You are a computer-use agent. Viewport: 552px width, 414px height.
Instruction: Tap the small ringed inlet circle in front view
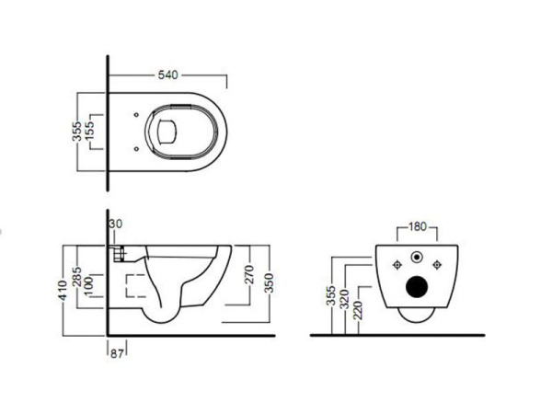(418, 258)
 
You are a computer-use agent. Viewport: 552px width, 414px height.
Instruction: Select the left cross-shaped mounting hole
(397, 265)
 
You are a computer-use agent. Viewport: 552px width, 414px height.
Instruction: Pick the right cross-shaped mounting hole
(440, 265)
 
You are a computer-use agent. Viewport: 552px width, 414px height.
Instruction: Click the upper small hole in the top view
(136, 115)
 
